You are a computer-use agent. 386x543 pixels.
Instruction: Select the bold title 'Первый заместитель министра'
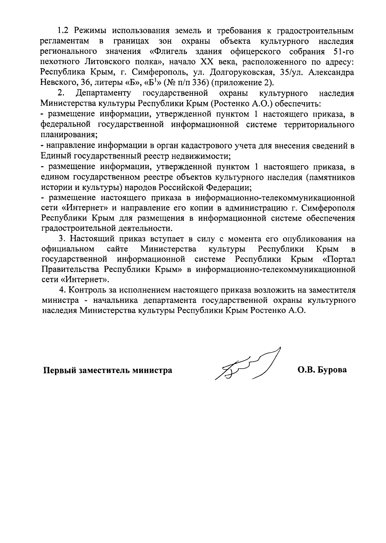coord(108,370)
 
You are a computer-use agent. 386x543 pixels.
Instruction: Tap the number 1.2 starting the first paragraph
coord(63,31)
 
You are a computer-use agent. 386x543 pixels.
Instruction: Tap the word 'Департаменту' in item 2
coord(103,93)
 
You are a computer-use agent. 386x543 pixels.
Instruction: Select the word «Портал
coord(338,259)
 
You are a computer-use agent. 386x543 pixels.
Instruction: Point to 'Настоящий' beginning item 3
coord(91,239)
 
